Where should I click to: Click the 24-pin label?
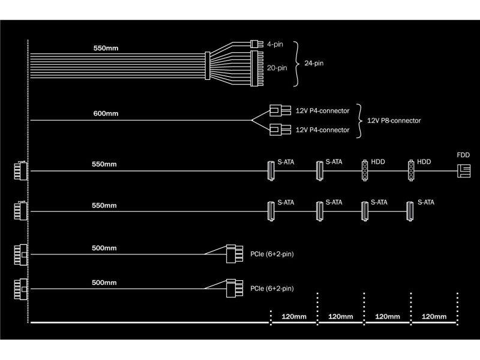[x=314, y=64]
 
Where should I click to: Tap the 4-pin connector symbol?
[x=257, y=44]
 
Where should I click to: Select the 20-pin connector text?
[x=277, y=68]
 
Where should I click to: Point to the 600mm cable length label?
[x=106, y=113]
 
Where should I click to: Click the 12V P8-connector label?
[x=394, y=121]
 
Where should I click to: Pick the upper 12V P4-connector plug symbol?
[x=280, y=110]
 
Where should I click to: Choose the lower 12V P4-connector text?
[x=322, y=130]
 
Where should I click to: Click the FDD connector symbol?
[x=464, y=171]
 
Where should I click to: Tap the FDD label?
[x=463, y=155]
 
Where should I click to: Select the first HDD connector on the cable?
[x=365, y=170]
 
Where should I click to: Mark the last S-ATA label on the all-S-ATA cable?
[x=426, y=202]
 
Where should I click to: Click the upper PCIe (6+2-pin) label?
[x=272, y=254]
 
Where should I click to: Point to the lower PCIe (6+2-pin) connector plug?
[x=235, y=288]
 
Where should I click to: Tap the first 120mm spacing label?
[x=294, y=317]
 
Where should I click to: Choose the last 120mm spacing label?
[x=434, y=317]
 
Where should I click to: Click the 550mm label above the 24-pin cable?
[x=106, y=49]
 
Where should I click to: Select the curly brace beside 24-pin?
[x=296, y=64]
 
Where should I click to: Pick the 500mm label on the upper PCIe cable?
[x=104, y=248]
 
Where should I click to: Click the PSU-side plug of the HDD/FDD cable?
[x=21, y=170]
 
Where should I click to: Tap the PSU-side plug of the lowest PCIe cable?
[x=21, y=289]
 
